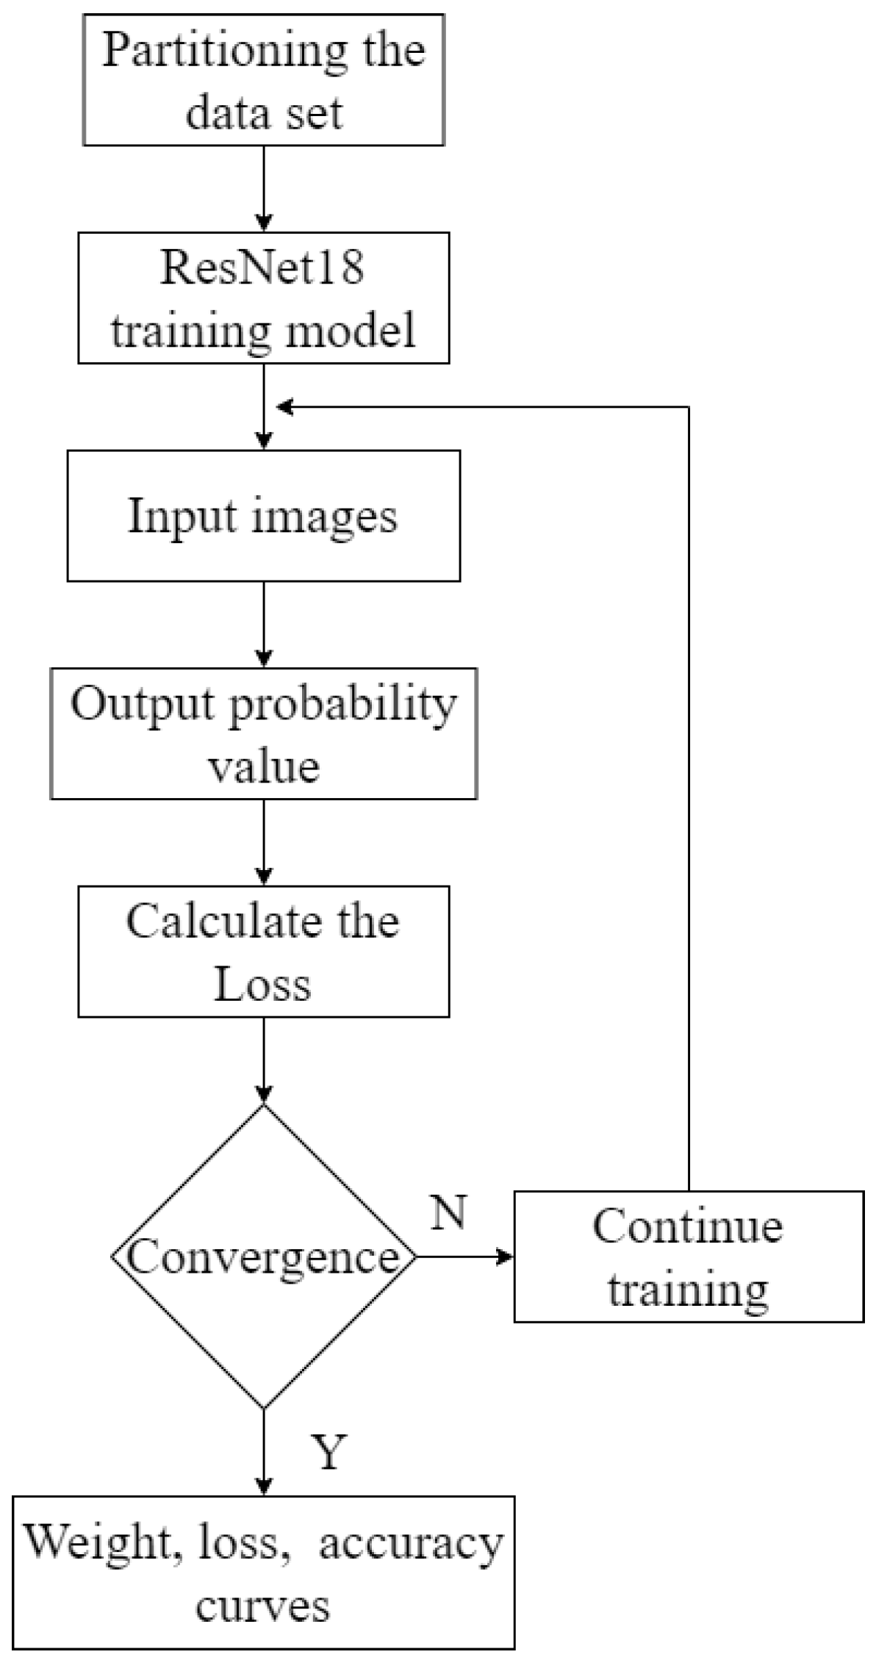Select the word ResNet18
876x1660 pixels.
[262, 267]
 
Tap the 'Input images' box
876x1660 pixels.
[263, 516]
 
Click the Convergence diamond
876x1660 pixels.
[263, 1257]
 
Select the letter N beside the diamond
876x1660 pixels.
[449, 1212]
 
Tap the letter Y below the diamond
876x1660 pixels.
[328, 1451]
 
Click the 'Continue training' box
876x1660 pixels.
[688, 1257]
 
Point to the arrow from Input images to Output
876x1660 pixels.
[263, 625]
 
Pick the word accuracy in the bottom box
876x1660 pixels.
[412, 1542]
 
